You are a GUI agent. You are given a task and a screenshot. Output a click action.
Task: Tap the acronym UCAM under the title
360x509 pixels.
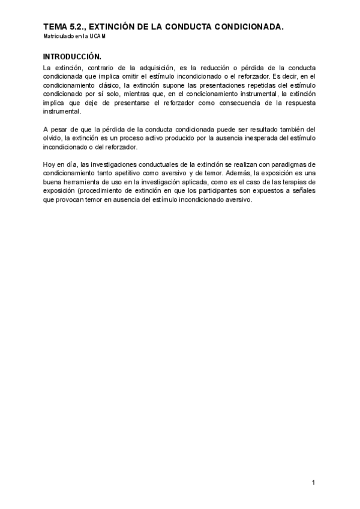pos(99,37)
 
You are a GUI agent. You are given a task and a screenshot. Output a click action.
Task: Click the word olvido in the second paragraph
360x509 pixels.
pos(52,139)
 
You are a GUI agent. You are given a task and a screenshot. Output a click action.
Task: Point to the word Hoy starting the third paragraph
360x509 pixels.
pos(49,164)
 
